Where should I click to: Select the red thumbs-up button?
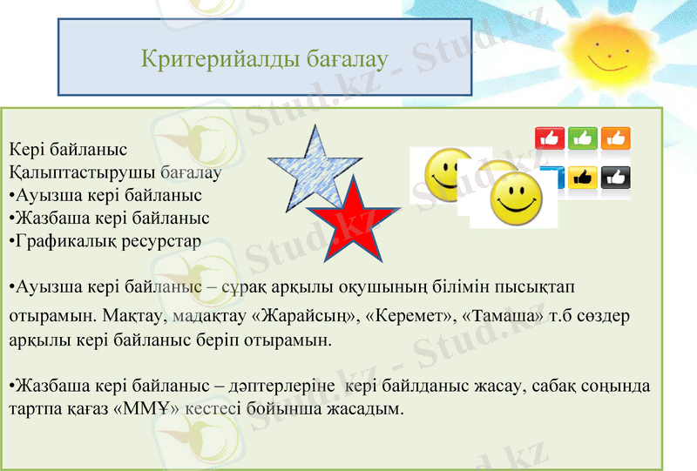pyautogui.click(x=549, y=138)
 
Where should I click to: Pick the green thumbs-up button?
pyautogui.click(x=582, y=138)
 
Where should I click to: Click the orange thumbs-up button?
pyautogui.click(x=615, y=138)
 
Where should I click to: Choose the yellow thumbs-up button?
pyautogui.click(x=582, y=178)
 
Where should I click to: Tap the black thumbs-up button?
pyautogui.click(x=615, y=178)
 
